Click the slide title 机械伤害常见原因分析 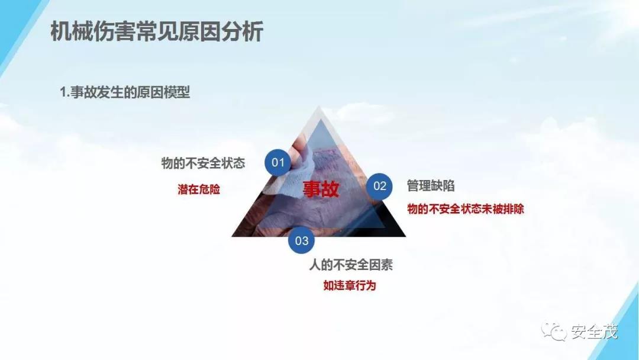pos(157,32)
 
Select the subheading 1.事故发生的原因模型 pos(125,92)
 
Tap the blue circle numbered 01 pos(278,162)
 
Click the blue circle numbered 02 pos(379,186)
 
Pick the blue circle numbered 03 pos(302,240)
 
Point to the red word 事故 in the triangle pos(321,189)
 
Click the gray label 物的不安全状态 pos(203,163)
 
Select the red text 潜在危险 pos(199,189)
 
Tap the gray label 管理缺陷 pos(431,185)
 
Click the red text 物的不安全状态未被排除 pos(466,209)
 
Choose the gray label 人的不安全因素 pos(351,265)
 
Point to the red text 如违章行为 pos(350,285)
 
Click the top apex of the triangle pos(319,107)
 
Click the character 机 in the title pos(61,32)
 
